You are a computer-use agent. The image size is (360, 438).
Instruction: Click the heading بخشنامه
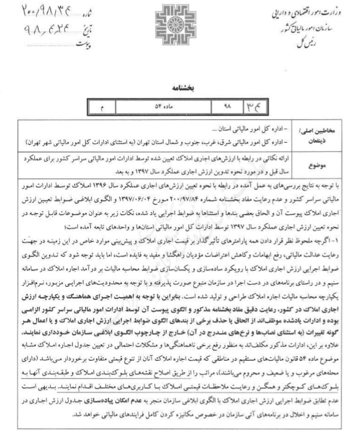pos(180,89)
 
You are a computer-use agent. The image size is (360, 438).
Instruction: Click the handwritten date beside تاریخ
pos(39,25)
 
